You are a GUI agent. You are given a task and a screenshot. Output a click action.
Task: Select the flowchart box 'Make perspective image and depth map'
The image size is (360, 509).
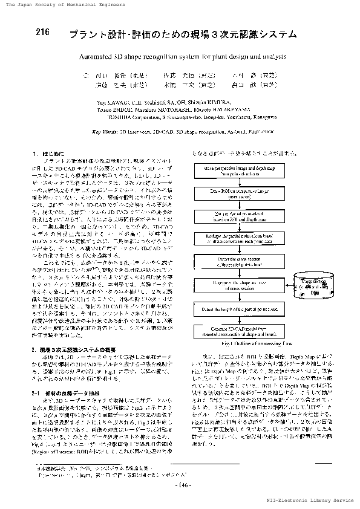(x=241, y=169)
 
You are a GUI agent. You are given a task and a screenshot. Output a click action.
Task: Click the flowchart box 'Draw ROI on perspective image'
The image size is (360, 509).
(x=241, y=193)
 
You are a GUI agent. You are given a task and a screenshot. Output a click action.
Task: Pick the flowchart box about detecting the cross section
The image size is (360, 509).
(x=241, y=261)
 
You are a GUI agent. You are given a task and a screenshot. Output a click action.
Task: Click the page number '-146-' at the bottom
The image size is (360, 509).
(x=182, y=485)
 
